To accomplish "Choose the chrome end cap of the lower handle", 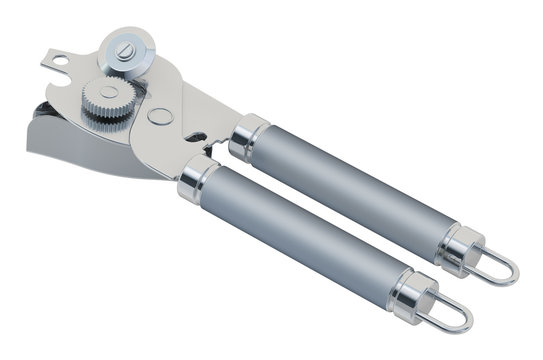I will pyautogui.click(x=410, y=294).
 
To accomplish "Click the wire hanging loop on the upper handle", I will pyautogui.click(x=499, y=267).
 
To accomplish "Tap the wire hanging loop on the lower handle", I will pyautogui.click(x=450, y=316).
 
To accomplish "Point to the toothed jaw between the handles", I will pyautogui.click(x=215, y=150).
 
